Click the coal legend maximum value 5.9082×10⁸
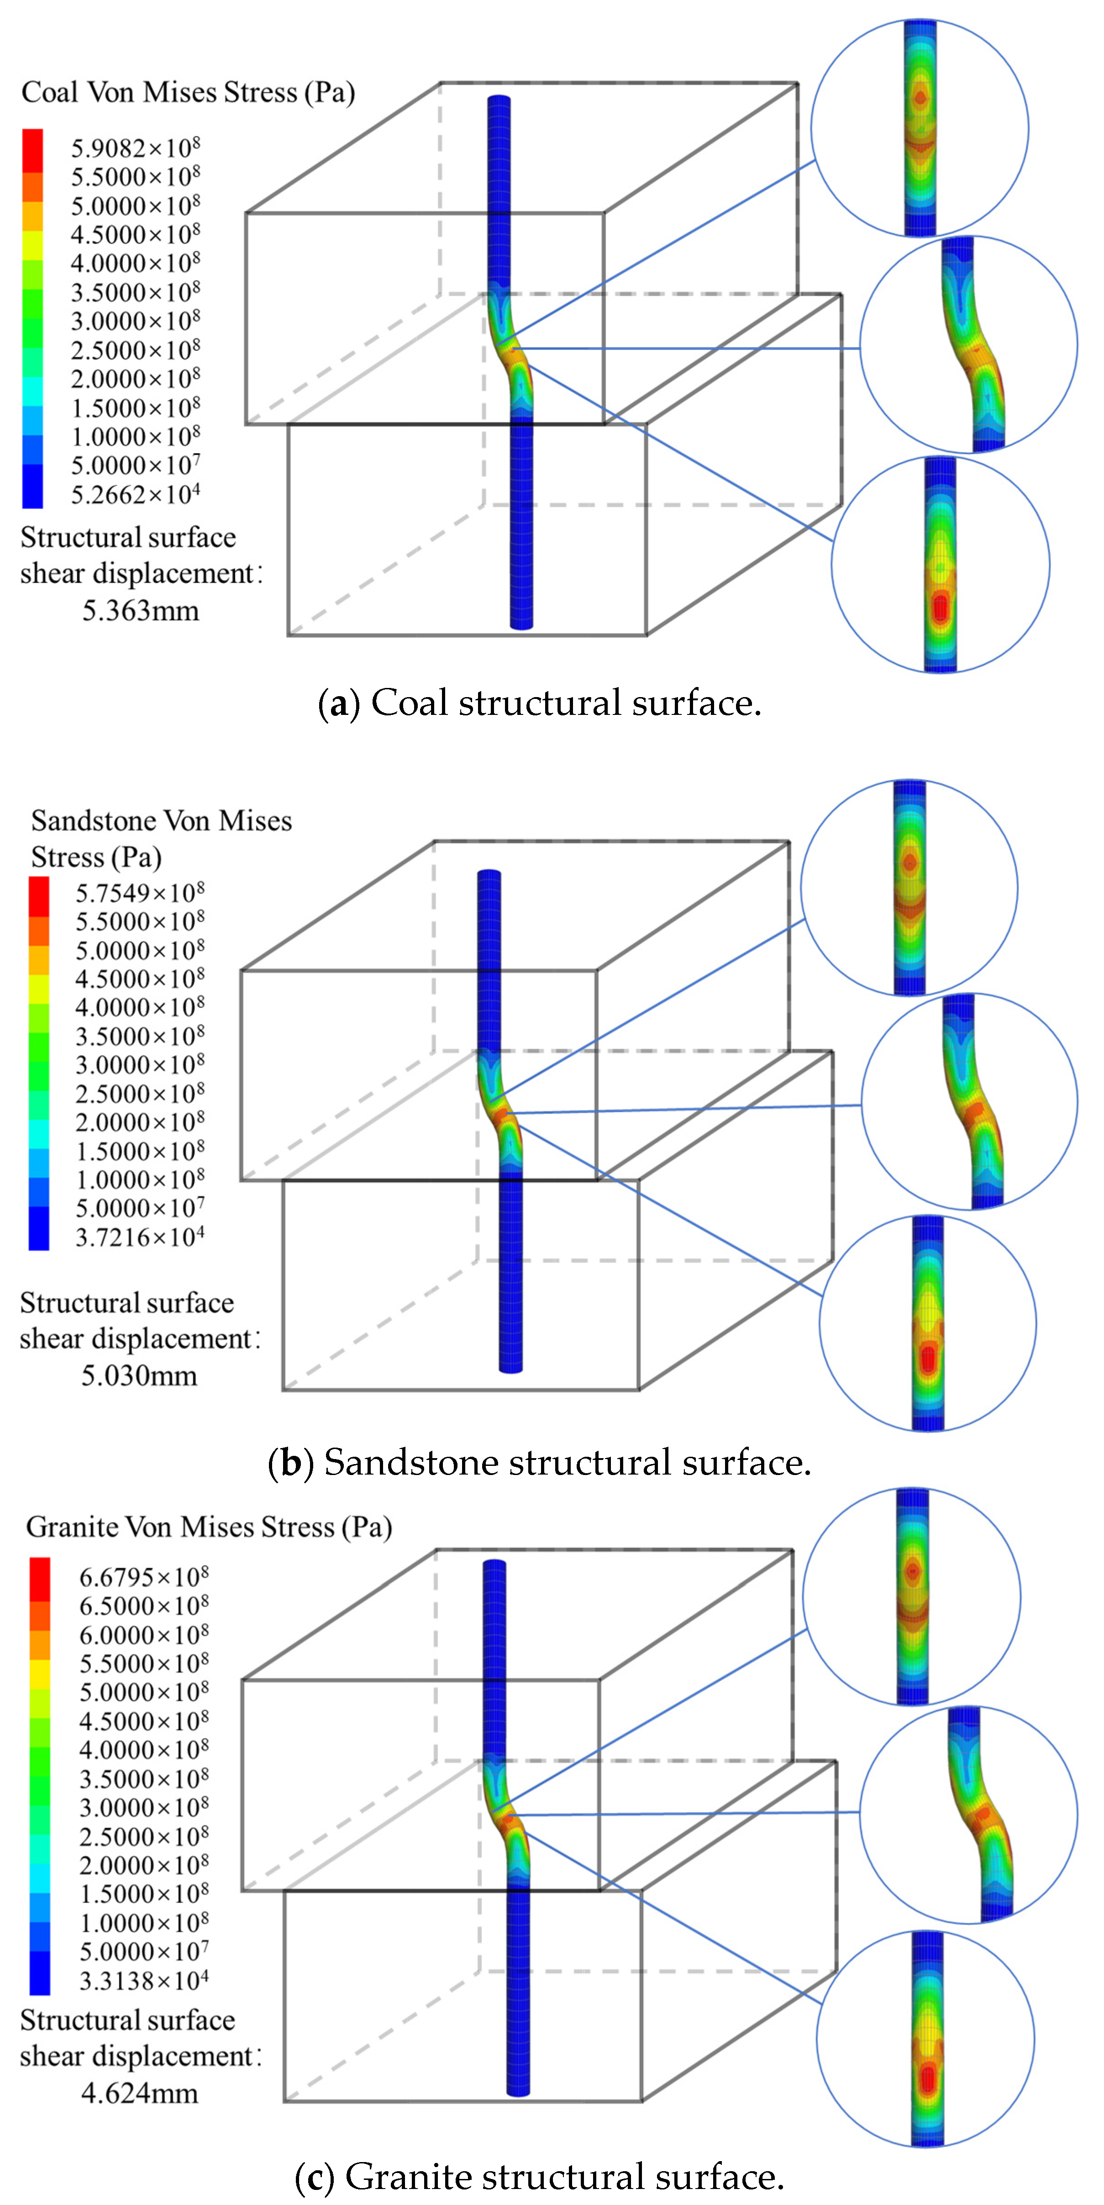135,148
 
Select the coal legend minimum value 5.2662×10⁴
135,495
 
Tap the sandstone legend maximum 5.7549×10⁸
140,893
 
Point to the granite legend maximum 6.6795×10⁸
144,1576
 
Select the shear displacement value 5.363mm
140,611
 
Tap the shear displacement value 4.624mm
140,2094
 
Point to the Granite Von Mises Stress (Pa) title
209,1527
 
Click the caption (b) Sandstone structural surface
539,1463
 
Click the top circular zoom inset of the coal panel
919,128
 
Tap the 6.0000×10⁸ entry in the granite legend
144,1634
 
